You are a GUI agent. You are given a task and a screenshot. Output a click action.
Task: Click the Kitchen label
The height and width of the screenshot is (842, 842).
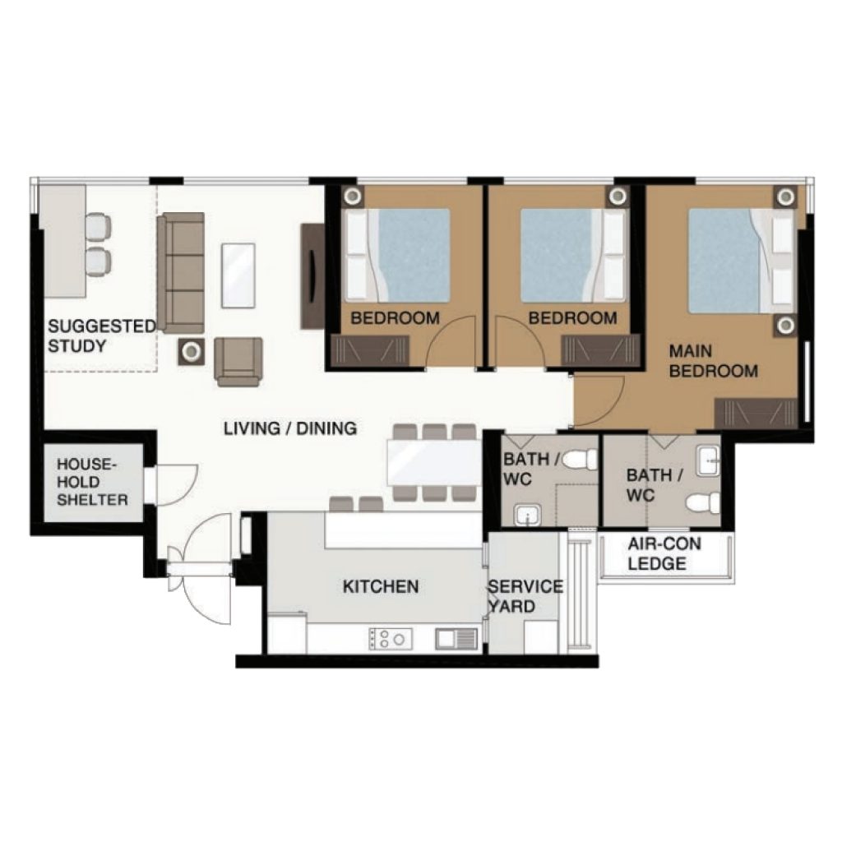coord(381,585)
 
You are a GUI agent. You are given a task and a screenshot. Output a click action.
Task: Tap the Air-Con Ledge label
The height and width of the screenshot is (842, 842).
coord(664,553)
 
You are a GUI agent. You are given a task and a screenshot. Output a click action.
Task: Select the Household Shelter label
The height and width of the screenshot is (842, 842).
coord(92,482)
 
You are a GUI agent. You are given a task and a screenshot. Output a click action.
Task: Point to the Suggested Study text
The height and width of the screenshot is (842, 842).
coord(101,335)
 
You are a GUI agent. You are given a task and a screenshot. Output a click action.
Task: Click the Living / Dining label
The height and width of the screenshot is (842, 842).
coord(290,428)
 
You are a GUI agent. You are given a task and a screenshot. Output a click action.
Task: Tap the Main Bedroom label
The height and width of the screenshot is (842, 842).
coord(713,361)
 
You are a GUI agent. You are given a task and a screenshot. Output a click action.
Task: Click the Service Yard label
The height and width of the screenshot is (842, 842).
coord(525,596)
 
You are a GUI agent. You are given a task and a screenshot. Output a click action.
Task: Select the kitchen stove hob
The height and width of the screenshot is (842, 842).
coord(391,639)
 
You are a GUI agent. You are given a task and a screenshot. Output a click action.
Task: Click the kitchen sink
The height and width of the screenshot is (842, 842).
coord(456,639)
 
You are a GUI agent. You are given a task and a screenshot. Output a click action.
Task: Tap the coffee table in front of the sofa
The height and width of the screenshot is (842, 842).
coord(238,275)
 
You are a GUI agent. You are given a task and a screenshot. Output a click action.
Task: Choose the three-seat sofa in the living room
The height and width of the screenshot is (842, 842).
coord(181,273)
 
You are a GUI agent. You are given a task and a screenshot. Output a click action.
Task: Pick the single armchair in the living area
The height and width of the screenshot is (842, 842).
coord(238,362)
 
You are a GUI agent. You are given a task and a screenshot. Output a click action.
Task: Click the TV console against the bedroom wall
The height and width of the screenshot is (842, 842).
coord(312,276)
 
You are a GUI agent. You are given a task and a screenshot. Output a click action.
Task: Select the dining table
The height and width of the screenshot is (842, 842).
coord(434,462)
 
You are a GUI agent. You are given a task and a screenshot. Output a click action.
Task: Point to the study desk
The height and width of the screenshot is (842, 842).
coord(64,241)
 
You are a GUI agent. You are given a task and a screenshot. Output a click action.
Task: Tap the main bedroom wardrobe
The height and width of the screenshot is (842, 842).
coord(756,414)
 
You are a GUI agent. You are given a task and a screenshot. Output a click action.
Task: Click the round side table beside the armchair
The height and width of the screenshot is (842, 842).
coord(191,352)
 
